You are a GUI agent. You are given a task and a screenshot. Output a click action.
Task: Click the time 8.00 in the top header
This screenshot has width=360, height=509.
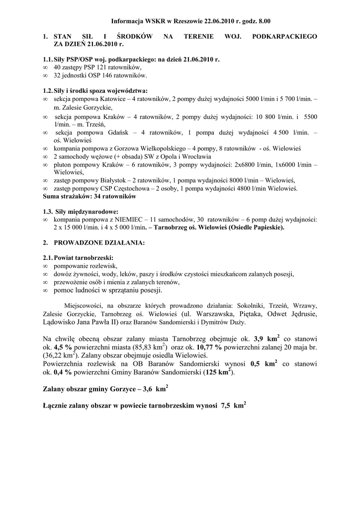click(x=264, y=22)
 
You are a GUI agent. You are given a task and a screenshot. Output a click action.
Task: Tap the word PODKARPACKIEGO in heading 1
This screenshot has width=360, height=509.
click(x=285, y=37)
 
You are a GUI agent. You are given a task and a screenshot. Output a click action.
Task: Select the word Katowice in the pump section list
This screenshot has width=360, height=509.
click(x=113, y=99)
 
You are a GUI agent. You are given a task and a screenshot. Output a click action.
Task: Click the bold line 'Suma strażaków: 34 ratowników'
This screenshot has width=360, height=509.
click(x=90, y=196)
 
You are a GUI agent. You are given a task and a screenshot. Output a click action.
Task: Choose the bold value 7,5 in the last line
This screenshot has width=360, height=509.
click(x=226, y=406)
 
